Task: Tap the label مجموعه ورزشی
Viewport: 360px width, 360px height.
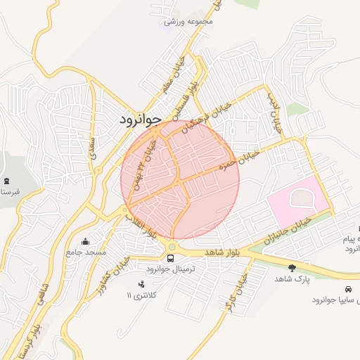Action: pyautogui.click(x=188, y=22)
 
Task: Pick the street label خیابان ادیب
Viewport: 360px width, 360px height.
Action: pyautogui.click(x=274, y=113)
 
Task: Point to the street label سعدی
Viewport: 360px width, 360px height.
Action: pyautogui.click(x=92, y=147)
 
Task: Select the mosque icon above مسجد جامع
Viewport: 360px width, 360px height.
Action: pyautogui.click(x=86, y=241)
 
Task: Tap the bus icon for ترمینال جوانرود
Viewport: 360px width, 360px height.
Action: pyautogui.click(x=172, y=259)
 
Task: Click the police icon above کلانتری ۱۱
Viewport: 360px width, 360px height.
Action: pyautogui.click(x=141, y=283)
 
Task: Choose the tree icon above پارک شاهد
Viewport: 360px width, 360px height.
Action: pyautogui.click(x=292, y=267)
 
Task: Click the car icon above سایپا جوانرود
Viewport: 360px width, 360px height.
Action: pyautogui.click(x=349, y=289)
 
